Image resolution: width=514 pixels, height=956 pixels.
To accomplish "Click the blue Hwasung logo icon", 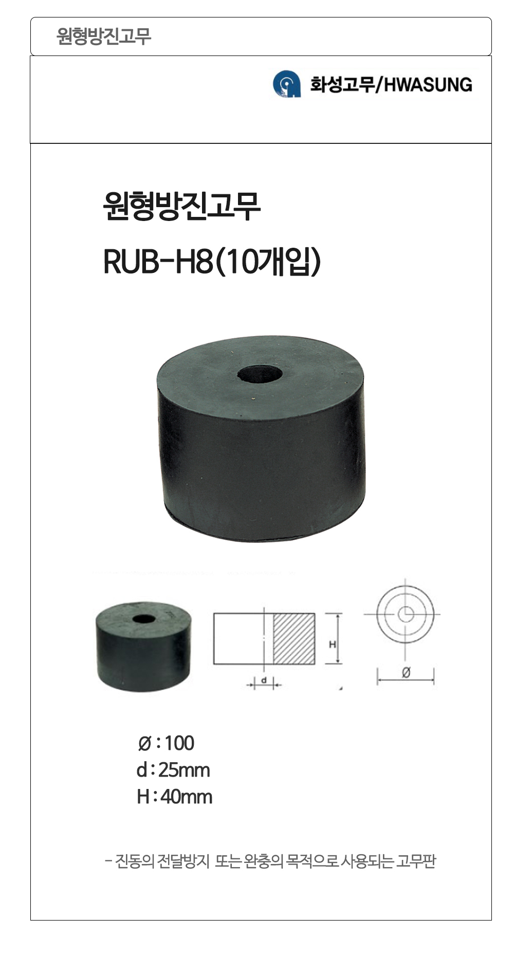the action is (286, 84).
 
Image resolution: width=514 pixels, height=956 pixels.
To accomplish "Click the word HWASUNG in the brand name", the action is (428, 85).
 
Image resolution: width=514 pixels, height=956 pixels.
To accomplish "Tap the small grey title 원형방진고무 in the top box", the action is (104, 36).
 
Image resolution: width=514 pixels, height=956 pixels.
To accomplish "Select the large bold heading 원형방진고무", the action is (182, 207).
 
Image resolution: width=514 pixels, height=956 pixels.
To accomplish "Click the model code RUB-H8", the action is (158, 262).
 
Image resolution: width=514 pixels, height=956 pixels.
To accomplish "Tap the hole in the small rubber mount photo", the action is (143, 618).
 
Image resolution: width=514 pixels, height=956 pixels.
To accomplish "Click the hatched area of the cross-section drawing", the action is (293, 638).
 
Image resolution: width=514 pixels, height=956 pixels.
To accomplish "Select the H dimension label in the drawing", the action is (332, 644).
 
